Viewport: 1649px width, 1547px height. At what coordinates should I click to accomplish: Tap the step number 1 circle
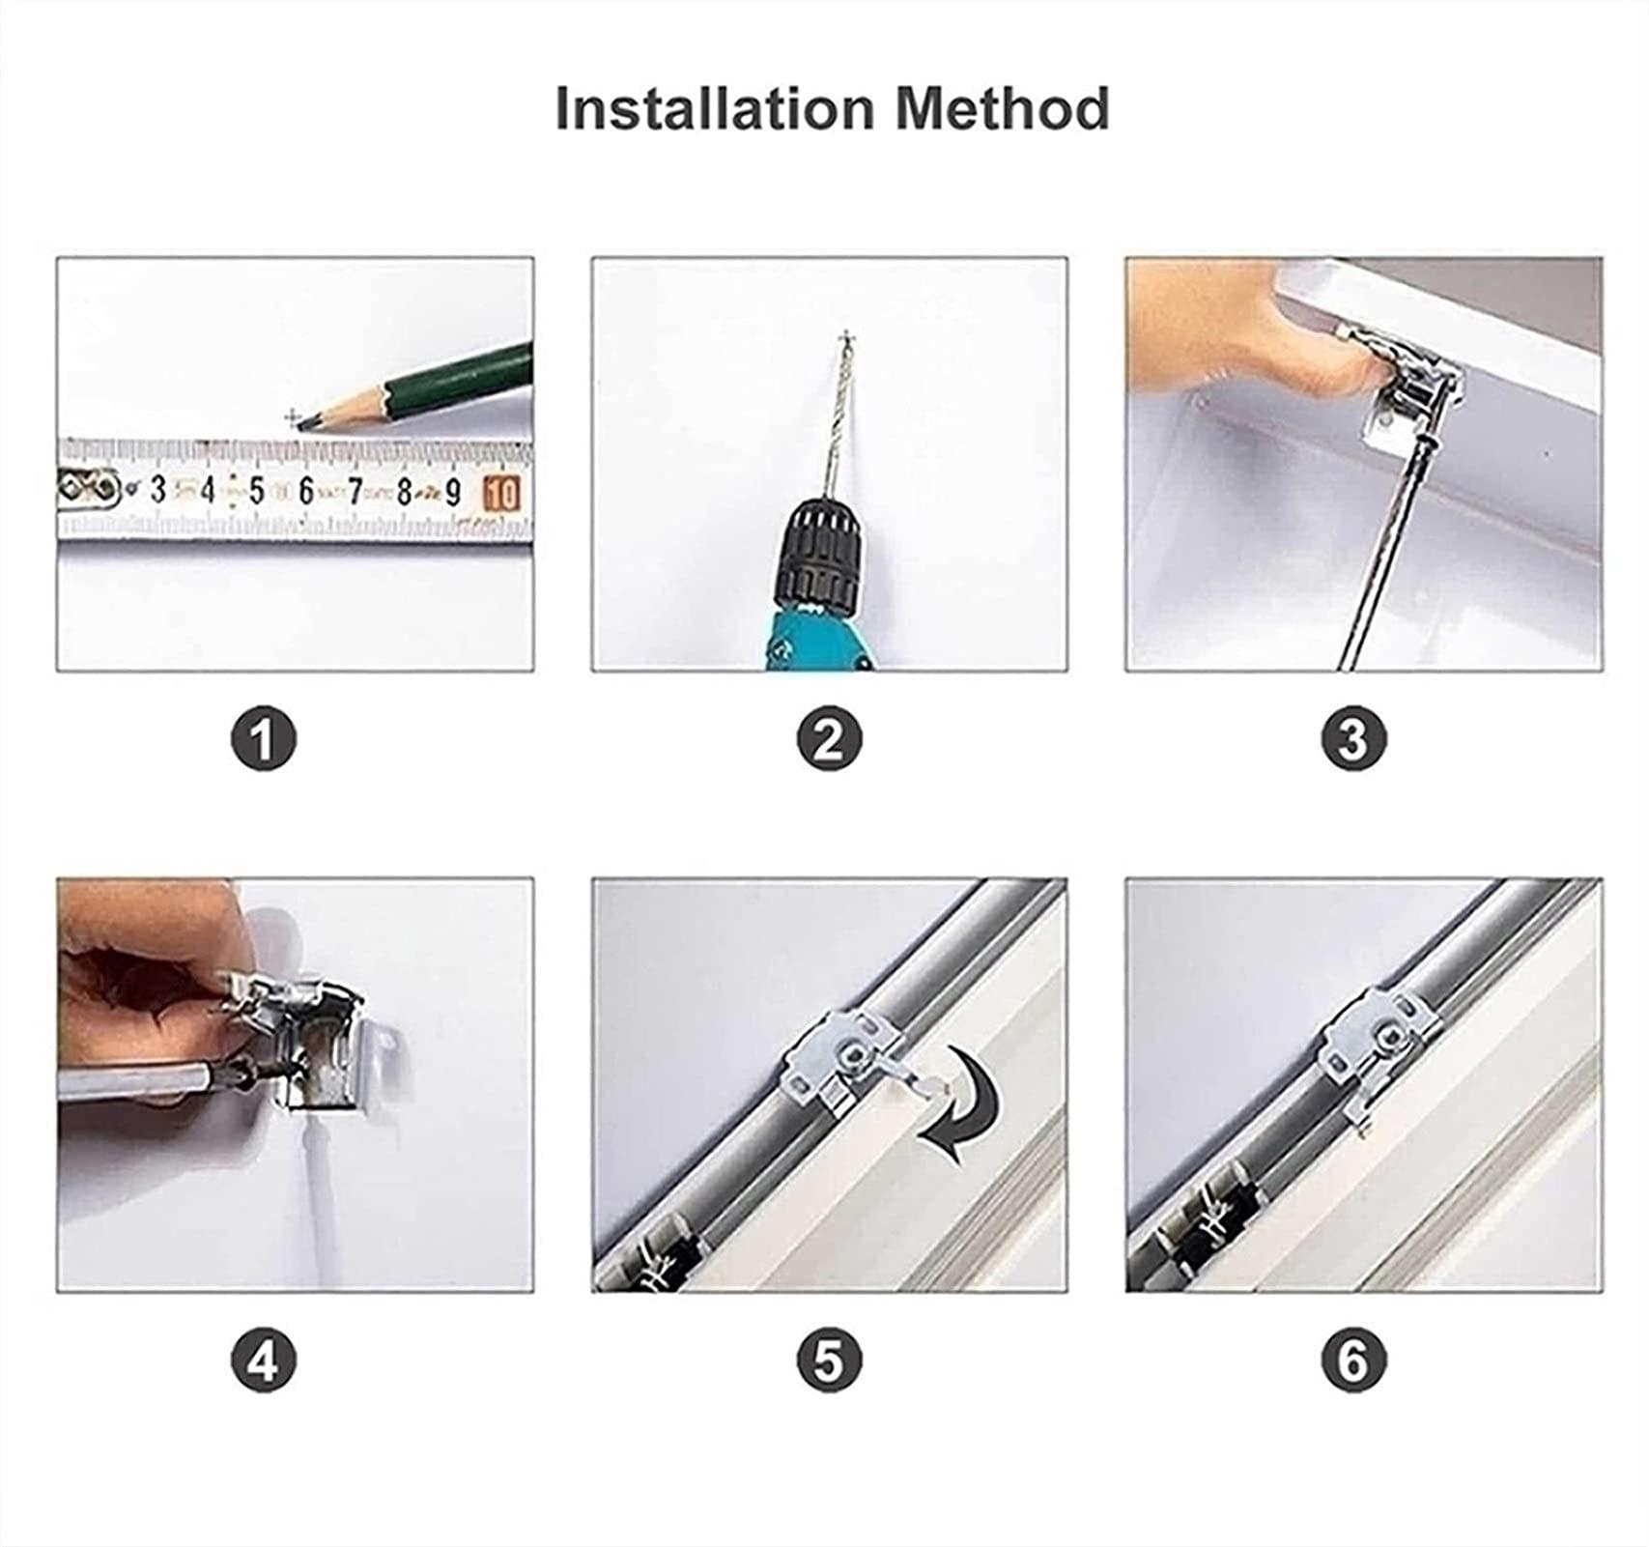tap(263, 739)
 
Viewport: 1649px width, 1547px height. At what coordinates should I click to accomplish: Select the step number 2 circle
tap(829, 739)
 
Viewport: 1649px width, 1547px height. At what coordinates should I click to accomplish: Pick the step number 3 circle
tap(1352, 739)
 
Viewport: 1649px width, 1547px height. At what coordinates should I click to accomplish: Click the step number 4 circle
tap(263, 1361)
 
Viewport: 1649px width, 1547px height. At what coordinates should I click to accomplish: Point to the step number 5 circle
tap(829, 1361)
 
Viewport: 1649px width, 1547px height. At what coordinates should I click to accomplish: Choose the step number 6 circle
tap(1352, 1361)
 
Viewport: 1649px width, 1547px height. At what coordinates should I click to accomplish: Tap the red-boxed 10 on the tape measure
tap(502, 493)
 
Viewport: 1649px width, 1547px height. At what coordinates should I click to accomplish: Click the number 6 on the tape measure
tap(306, 492)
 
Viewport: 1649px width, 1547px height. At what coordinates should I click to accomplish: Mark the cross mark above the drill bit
tap(848, 338)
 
